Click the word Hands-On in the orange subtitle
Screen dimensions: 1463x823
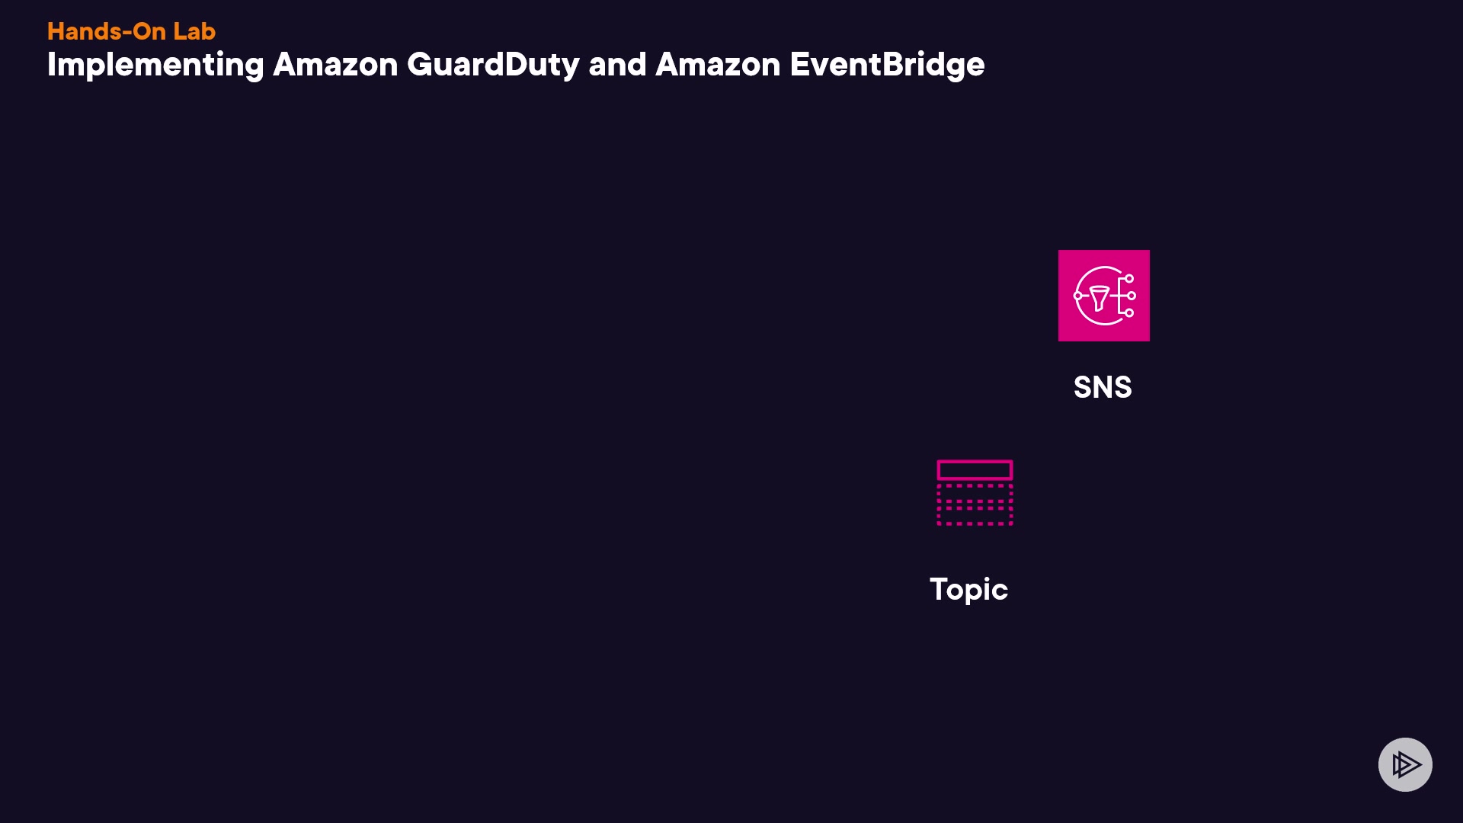[x=106, y=31]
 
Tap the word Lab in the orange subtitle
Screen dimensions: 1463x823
[x=194, y=31]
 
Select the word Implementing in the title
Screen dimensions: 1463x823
[x=155, y=66]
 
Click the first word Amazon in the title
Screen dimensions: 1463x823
[x=335, y=65]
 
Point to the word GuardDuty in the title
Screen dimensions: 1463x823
[x=493, y=66]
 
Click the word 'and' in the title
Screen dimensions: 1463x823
[x=617, y=65]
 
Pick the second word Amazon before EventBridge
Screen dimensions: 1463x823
[x=718, y=65]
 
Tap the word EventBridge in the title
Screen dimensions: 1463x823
[x=887, y=66]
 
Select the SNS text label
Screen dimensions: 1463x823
[x=1103, y=387]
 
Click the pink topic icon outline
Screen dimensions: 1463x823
[x=975, y=492]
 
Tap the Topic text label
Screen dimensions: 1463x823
[x=968, y=589]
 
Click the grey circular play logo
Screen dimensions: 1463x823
[x=1405, y=764]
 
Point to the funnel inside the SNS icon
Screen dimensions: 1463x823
[x=1099, y=297]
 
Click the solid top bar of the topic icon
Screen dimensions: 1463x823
[x=975, y=469]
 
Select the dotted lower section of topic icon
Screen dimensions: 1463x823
[x=975, y=504]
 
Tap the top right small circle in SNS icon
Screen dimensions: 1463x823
[x=1129, y=279]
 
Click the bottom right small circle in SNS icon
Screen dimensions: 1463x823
[x=1129, y=312]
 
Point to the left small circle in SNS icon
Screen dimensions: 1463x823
[x=1077, y=296]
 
